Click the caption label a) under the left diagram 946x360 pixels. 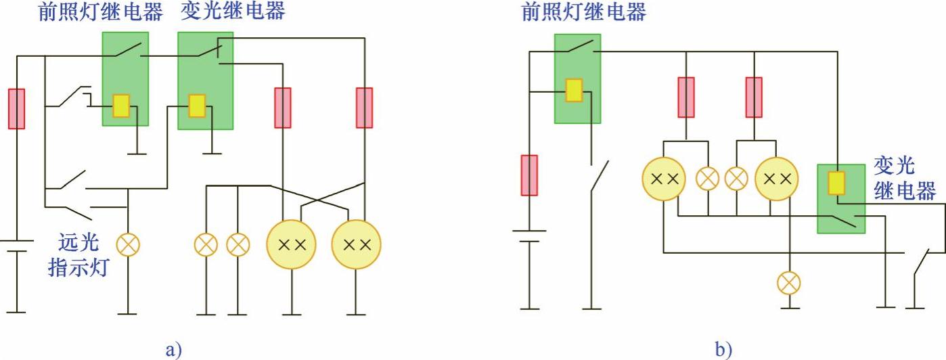(x=173, y=349)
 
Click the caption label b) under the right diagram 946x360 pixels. (x=723, y=349)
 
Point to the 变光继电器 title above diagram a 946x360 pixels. (x=233, y=12)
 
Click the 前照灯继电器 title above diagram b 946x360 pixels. (x=583, y=12)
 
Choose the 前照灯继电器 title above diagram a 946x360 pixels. (x=99, y=12)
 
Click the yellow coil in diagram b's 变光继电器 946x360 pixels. (x=836, y=183)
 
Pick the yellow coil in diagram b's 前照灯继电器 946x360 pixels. (x=574, y=90)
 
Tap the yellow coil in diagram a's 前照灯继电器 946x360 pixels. (x=121, y=105)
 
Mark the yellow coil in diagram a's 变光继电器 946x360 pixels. (x=197, y=106)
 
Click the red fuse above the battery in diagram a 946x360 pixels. (x=16, y=108)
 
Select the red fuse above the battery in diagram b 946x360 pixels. (x=529, y=175)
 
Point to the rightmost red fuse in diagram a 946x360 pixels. (x=364, y=108)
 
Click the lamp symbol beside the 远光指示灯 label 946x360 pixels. (x=128, y=244)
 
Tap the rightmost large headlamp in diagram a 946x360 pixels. (x=356, y=244)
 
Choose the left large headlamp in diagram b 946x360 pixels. (x=664, y=179)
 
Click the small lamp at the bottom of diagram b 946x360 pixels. (x=788, y=282)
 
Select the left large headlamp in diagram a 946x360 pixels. (x=292, y=244)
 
